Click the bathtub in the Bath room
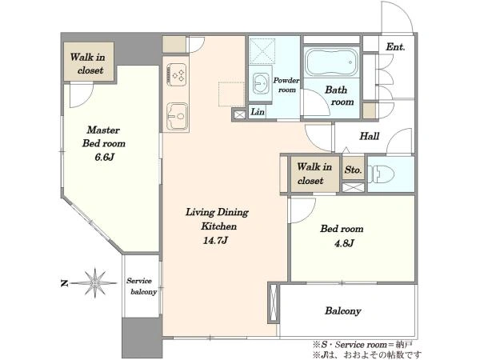tap(331, 62)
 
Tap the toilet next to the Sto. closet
tap(381, 174)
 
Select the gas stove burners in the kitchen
tap(177, 74)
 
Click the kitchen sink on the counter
tap(177, 116)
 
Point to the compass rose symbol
tap(95, 283)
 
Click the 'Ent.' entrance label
tap(395, 47)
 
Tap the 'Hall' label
tap(369, 136)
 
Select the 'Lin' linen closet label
tap(258, 112)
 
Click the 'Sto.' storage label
tap(353, 170)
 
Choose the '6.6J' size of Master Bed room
tap(104, 158)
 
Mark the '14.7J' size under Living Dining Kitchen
tap(215, 240)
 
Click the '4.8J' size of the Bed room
tap(344, 243)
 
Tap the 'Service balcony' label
tap(142, 286)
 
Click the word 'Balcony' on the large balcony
tap(343, 311)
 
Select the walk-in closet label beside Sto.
tap(314, 174)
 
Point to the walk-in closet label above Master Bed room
tap(88, 63)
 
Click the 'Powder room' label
tap(286, 85)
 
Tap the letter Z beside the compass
tap(64, 283)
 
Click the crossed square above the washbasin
tap(262, 50)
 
